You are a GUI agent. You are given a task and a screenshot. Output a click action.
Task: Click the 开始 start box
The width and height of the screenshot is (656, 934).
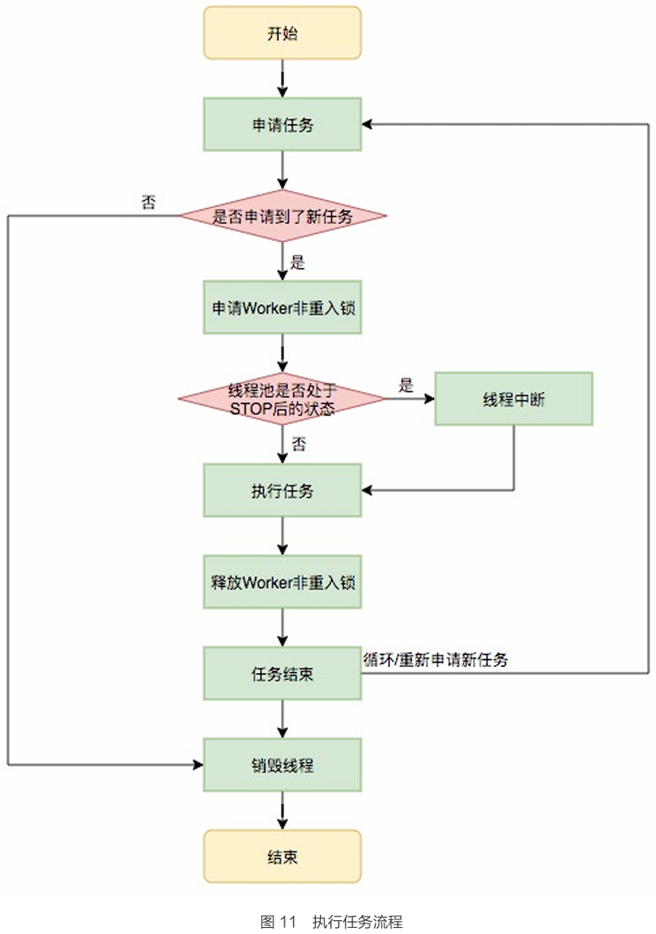click(x=282, y=33)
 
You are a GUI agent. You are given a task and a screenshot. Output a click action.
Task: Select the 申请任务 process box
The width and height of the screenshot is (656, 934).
click(x=282, y=124)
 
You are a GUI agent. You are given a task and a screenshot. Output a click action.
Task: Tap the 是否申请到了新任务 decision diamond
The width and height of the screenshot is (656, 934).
click(x=282, y=216)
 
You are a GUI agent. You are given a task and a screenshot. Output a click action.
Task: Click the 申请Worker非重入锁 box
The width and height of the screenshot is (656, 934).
click(x=282, y=307)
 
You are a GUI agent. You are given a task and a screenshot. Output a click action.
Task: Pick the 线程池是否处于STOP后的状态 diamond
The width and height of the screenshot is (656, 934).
click(x=282, y=399)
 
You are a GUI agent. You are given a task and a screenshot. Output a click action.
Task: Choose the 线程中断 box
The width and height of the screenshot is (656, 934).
click(x=514, y=399)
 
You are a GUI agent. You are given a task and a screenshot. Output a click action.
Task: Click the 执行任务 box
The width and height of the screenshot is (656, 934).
click(x=282, y=491)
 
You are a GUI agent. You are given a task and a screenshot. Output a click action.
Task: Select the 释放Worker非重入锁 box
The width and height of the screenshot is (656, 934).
click(x=282, y=582)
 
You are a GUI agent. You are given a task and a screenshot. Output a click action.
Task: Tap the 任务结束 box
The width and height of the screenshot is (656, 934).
click(x=282, y=673)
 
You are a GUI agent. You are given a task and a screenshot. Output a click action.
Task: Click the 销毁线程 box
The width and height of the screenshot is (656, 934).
click(x=282, y=765)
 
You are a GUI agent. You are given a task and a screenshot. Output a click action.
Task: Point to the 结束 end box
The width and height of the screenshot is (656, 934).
click(x=282, y=857)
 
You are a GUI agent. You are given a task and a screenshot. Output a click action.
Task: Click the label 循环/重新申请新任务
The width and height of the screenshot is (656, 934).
click(x=436, y=659)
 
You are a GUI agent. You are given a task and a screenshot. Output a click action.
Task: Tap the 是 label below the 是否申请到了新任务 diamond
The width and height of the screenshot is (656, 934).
click(x=298, y=263)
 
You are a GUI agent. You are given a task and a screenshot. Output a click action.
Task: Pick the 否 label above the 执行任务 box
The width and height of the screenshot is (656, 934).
click(x=298, y=444)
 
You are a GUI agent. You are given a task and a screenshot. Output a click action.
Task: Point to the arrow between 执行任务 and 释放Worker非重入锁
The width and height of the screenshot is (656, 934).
click(x=282, y=536)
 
